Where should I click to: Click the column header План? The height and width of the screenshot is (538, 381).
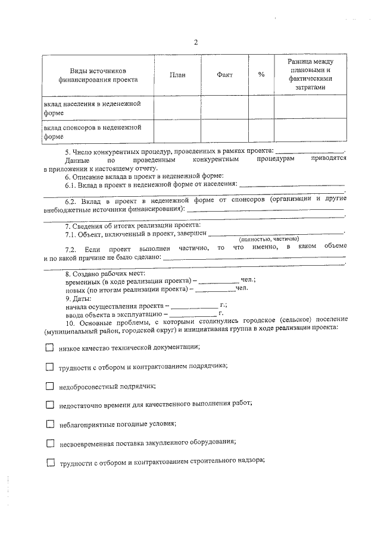177,74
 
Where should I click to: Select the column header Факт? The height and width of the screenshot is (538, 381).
224,74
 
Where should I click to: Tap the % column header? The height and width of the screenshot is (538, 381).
261,74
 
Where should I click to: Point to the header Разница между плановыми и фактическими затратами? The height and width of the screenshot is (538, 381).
310,74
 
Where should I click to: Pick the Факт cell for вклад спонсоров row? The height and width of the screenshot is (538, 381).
224,131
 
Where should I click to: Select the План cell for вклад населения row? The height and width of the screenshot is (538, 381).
177,108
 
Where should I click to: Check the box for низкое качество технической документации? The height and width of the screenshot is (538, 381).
50,348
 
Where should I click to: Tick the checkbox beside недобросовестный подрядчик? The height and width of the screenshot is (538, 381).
50,386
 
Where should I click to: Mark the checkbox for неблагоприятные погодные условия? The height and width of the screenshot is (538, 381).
50,424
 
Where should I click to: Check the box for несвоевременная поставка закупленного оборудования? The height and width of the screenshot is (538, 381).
50,443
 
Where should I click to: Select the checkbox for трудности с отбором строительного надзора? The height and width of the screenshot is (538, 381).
50,462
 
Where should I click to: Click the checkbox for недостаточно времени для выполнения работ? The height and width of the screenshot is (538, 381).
50,405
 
